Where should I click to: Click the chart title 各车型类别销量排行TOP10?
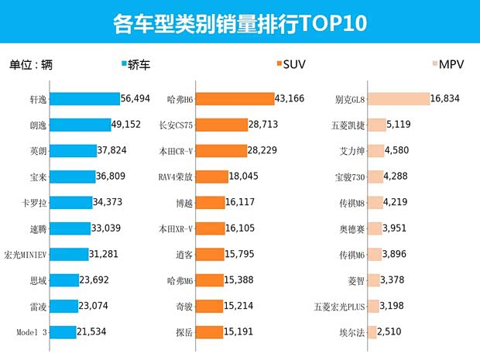[239, 23]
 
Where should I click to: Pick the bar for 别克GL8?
[398, 98]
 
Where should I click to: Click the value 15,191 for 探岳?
[242, 331]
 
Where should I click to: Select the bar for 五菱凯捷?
[376, 125]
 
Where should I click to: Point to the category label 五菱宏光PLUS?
[338, 306]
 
